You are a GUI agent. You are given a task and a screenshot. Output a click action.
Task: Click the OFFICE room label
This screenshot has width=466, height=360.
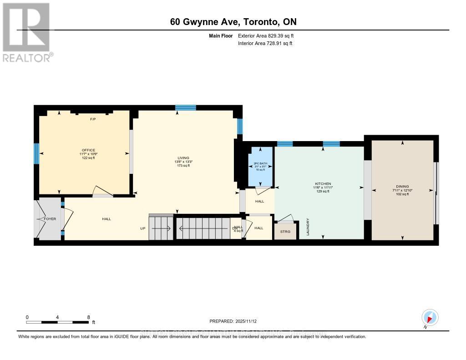[88, 150]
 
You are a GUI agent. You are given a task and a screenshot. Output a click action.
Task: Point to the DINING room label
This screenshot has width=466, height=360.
[402, 186]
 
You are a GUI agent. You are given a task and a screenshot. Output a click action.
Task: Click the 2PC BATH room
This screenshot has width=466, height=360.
[260, 166]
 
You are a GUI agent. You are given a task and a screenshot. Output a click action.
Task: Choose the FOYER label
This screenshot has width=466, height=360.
[50, 219]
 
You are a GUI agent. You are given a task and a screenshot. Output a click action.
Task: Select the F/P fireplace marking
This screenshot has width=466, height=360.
[93, 119]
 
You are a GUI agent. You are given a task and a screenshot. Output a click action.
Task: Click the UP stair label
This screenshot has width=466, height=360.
[143, 228]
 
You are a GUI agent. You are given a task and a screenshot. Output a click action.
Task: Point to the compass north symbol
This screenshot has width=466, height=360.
[430, 318]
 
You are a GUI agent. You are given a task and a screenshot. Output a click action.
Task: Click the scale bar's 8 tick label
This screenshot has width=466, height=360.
[88, 317]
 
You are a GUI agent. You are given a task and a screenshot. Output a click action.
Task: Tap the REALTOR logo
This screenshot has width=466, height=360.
[26, 32]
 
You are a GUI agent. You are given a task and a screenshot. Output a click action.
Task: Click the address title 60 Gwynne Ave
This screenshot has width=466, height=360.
[233, 22]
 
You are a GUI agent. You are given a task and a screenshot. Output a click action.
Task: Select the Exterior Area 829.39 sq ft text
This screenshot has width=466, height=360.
[269, 35]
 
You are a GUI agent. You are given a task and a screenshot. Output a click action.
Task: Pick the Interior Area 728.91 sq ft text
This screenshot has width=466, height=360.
[265, 43]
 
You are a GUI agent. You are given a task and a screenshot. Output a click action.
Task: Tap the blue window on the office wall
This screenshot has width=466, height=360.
[36, 153]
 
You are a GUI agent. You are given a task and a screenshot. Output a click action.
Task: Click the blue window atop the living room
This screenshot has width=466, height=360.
[185, 107]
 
